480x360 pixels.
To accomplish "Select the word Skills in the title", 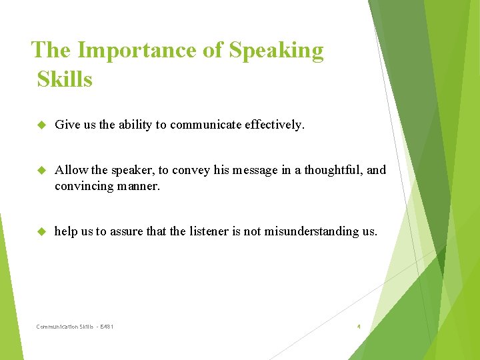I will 65,79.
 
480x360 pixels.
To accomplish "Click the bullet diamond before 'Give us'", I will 39,125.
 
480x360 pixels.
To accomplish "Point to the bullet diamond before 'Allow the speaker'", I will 39,170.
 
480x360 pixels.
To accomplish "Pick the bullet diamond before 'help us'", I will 39,231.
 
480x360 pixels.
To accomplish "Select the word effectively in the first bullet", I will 274,125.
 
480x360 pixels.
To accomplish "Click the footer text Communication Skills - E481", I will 75,327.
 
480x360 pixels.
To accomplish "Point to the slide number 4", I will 359,327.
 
